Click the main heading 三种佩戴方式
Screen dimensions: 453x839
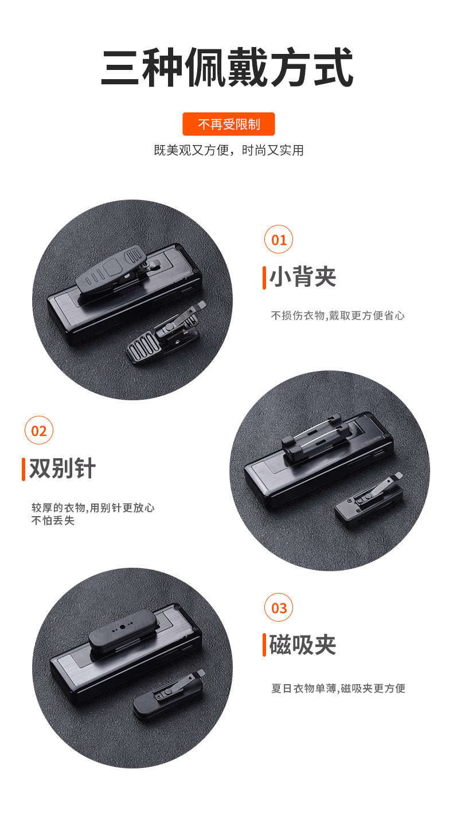click(227, 68)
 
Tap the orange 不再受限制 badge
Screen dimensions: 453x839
click(229, 124)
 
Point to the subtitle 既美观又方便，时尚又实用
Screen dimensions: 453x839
click(229, 150)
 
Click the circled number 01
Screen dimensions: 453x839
click(279, 239)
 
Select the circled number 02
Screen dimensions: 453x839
click(39, 430)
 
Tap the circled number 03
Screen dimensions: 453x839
click(279, 607)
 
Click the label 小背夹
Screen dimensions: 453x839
click(303, 277)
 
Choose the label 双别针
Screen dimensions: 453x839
click(63, 468)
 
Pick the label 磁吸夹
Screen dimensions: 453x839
click(303, 645)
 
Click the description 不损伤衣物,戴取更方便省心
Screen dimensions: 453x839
click(338, 316)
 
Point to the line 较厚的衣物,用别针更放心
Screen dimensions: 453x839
click(93, 508)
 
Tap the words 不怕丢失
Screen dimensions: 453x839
click(53, 521)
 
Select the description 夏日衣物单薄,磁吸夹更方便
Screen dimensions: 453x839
click(338, 688)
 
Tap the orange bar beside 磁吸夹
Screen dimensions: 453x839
click(264, 645)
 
